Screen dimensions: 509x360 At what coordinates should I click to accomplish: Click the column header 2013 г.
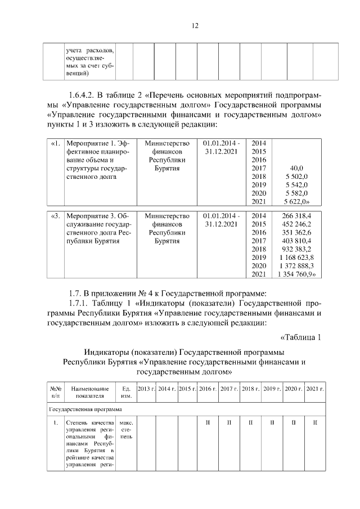click(x=146, y=389)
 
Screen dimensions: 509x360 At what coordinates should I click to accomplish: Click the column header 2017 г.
click(x=228, y=389)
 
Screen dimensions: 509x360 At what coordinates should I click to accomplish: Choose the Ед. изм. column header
click(x=126, y=392)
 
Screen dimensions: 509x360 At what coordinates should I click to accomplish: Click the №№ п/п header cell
click(x=56, y=392)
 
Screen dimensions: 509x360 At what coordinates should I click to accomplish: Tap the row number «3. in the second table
click(x=55, y=215)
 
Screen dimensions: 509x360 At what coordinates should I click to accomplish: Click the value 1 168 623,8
click(x=296, y=257)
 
